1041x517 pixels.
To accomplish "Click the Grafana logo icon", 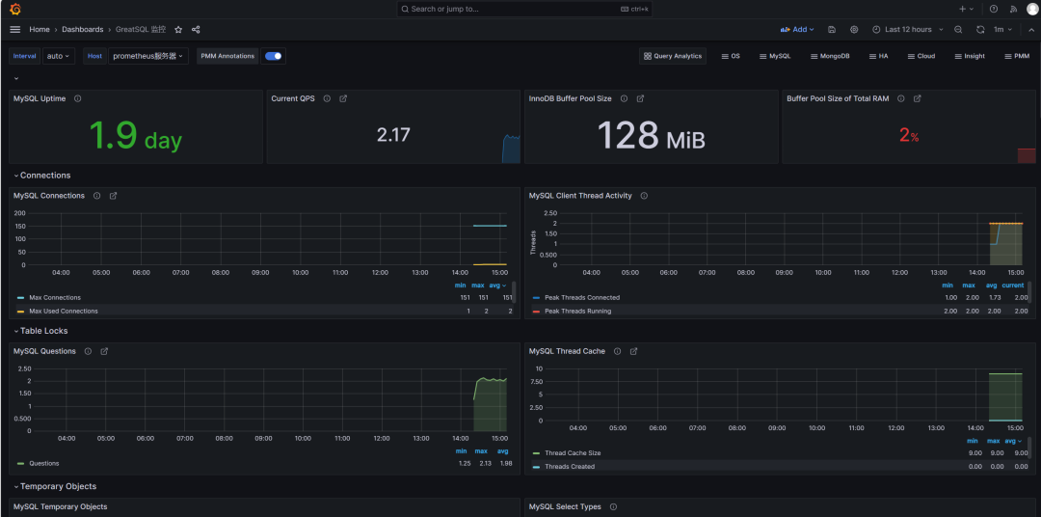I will click(14, 9).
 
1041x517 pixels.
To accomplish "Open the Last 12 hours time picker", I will click(902, 30).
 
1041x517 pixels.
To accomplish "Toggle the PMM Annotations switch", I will click(274, 56).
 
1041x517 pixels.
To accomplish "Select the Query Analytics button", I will click(673, 56).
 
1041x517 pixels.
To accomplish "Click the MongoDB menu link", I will click(830, 56).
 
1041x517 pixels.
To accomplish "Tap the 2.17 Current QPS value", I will click(393, 135).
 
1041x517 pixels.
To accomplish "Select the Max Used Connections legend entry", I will click(64, 311).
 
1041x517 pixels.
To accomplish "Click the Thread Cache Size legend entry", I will click(573, 453).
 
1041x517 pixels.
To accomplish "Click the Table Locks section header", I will click(44, 331).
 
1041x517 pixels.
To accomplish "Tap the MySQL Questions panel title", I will click(44, 351).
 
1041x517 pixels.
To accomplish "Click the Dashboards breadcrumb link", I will click(83, 30).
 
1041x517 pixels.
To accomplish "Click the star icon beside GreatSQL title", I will click(178, 30).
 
